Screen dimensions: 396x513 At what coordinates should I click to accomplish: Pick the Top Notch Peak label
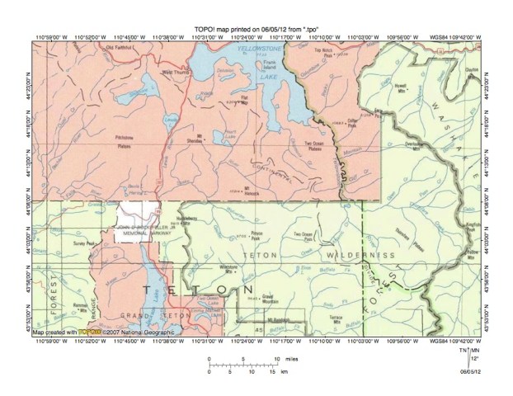click(329, 54)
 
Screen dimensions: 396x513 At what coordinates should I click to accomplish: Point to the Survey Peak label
click(87, 245)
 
